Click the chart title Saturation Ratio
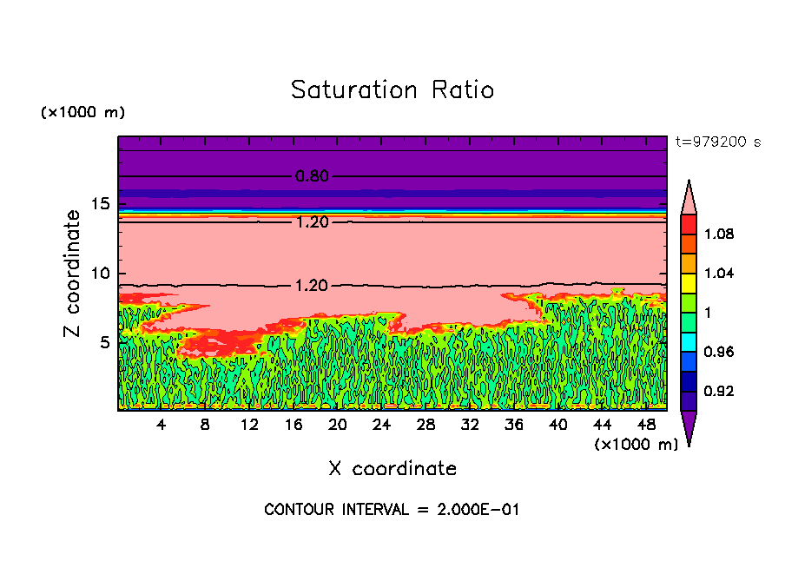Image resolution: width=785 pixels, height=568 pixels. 392,90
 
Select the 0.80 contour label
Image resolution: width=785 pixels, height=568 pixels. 312,176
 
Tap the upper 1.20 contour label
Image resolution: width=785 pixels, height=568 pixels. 312,222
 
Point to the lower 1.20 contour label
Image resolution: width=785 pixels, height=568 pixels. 312,285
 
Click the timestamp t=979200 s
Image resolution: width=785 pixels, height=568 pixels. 717,142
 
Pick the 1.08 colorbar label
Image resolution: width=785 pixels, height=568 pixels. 720,234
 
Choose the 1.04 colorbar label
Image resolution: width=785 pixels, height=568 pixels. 720,273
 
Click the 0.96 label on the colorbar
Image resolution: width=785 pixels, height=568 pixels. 720,352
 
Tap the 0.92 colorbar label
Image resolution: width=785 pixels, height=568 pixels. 720,391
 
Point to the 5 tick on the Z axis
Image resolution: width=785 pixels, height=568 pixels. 105,342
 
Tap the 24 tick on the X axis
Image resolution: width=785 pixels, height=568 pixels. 381,425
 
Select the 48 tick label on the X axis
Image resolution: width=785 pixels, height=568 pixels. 646,425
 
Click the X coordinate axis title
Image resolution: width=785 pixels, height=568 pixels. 392,469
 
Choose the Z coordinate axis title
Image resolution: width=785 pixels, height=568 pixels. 74,274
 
